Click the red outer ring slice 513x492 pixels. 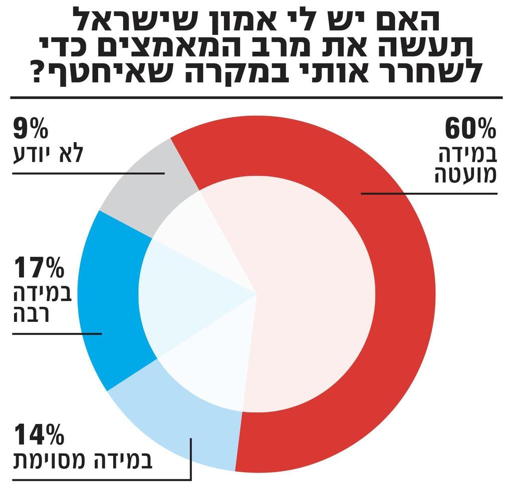[x=401, y=300]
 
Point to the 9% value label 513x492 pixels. [x=30, y=129]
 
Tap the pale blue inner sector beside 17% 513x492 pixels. [x=190, y=295]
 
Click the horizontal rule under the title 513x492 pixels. [x=256, y=97]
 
